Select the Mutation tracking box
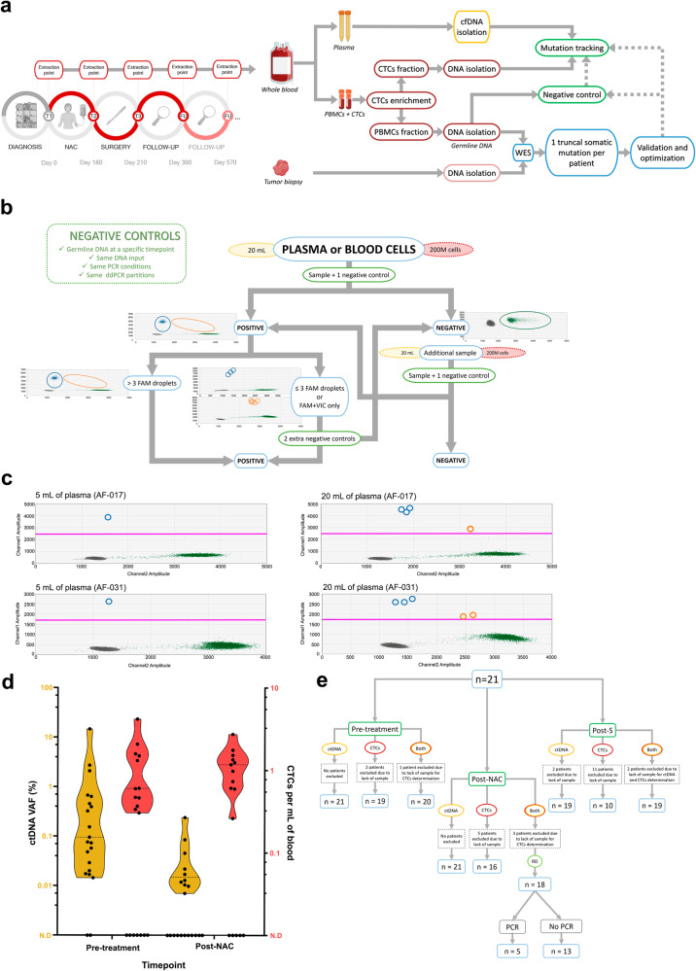tap(574, 46)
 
